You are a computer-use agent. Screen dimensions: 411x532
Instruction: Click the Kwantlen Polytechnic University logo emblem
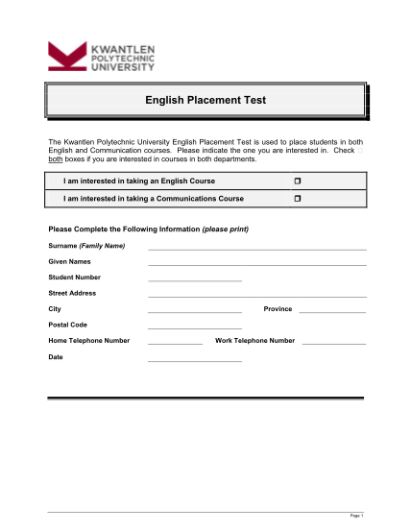click(66, 55)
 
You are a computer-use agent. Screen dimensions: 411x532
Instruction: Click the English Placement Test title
click(205, 99)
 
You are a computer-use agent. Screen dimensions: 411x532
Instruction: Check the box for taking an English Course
click(298, 181)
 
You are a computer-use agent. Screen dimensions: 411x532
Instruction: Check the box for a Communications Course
click(298, 198)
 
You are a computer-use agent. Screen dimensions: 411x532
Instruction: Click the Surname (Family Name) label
click(87, 246)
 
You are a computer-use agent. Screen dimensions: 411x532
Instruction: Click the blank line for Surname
click(256, 249)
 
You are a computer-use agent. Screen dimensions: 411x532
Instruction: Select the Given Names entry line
click(256, 264)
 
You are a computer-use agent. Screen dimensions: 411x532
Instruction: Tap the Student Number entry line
click(195, 279)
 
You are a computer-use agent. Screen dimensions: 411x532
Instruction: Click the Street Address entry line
click(256, 296)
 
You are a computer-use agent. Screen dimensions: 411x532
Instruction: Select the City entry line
click(195, 312)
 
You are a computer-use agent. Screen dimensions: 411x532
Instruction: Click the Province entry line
click(332, 312)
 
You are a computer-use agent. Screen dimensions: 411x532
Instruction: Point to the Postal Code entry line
click(195, 328)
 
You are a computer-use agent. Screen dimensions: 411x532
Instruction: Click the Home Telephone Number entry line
click(175, 344)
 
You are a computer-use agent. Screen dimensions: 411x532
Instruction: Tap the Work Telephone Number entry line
click(333, 344)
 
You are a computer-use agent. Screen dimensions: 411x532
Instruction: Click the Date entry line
click(195, 360)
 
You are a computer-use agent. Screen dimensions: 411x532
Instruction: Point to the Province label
click(278, 309)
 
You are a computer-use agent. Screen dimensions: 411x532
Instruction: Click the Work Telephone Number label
click(254, 341)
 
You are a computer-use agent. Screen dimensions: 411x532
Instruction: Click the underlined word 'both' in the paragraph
click(56, 158)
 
